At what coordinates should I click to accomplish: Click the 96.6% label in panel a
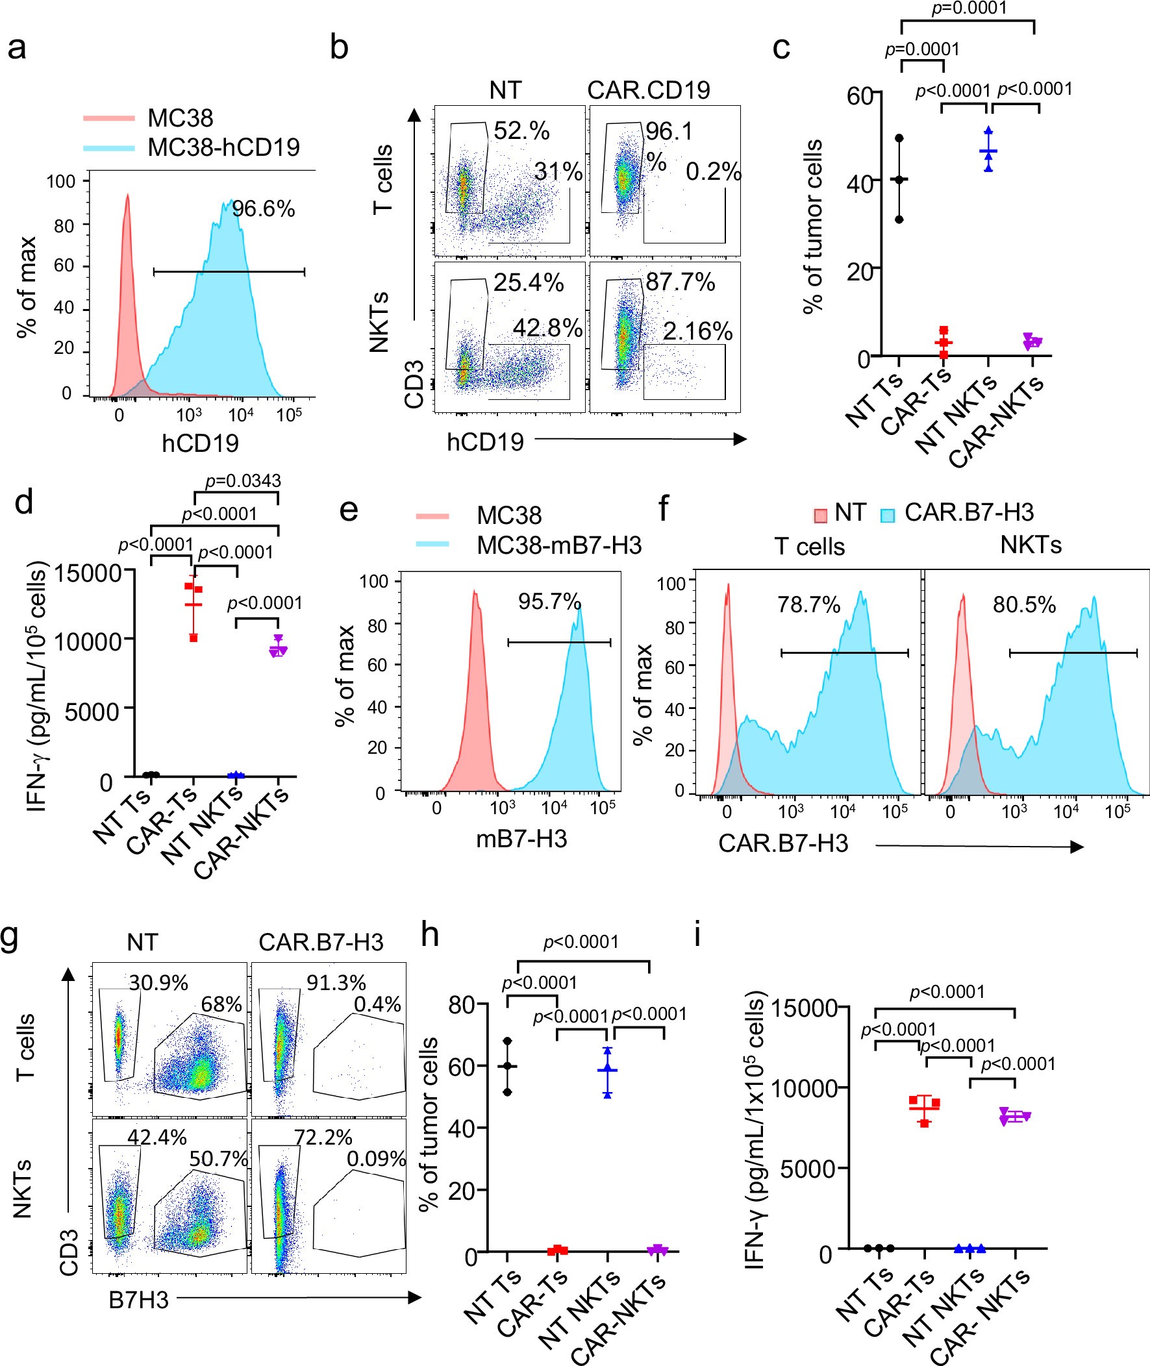(264, 209)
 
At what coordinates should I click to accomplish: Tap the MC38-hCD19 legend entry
(223, 147)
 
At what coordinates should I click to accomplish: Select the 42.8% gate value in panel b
(547, 328)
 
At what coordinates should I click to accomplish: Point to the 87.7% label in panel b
(680, 282)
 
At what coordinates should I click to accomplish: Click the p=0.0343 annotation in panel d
(242, 481)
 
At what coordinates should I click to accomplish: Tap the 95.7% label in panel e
(549, 602)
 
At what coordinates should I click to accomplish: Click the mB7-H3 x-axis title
(521, 839)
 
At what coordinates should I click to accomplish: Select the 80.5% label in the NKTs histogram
(1023, 605)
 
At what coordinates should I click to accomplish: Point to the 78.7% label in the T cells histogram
(808, 605)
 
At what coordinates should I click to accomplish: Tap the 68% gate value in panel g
(221, 1004)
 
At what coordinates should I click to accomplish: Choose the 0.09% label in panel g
(375, 1159)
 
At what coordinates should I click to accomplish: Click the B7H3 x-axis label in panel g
(138, 1300)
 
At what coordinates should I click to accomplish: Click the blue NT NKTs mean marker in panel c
(988, 152)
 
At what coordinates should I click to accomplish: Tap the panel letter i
(697, 936)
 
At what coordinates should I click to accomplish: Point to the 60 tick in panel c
(859, 95)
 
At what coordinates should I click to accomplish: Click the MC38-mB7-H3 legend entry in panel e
(558, 544)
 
